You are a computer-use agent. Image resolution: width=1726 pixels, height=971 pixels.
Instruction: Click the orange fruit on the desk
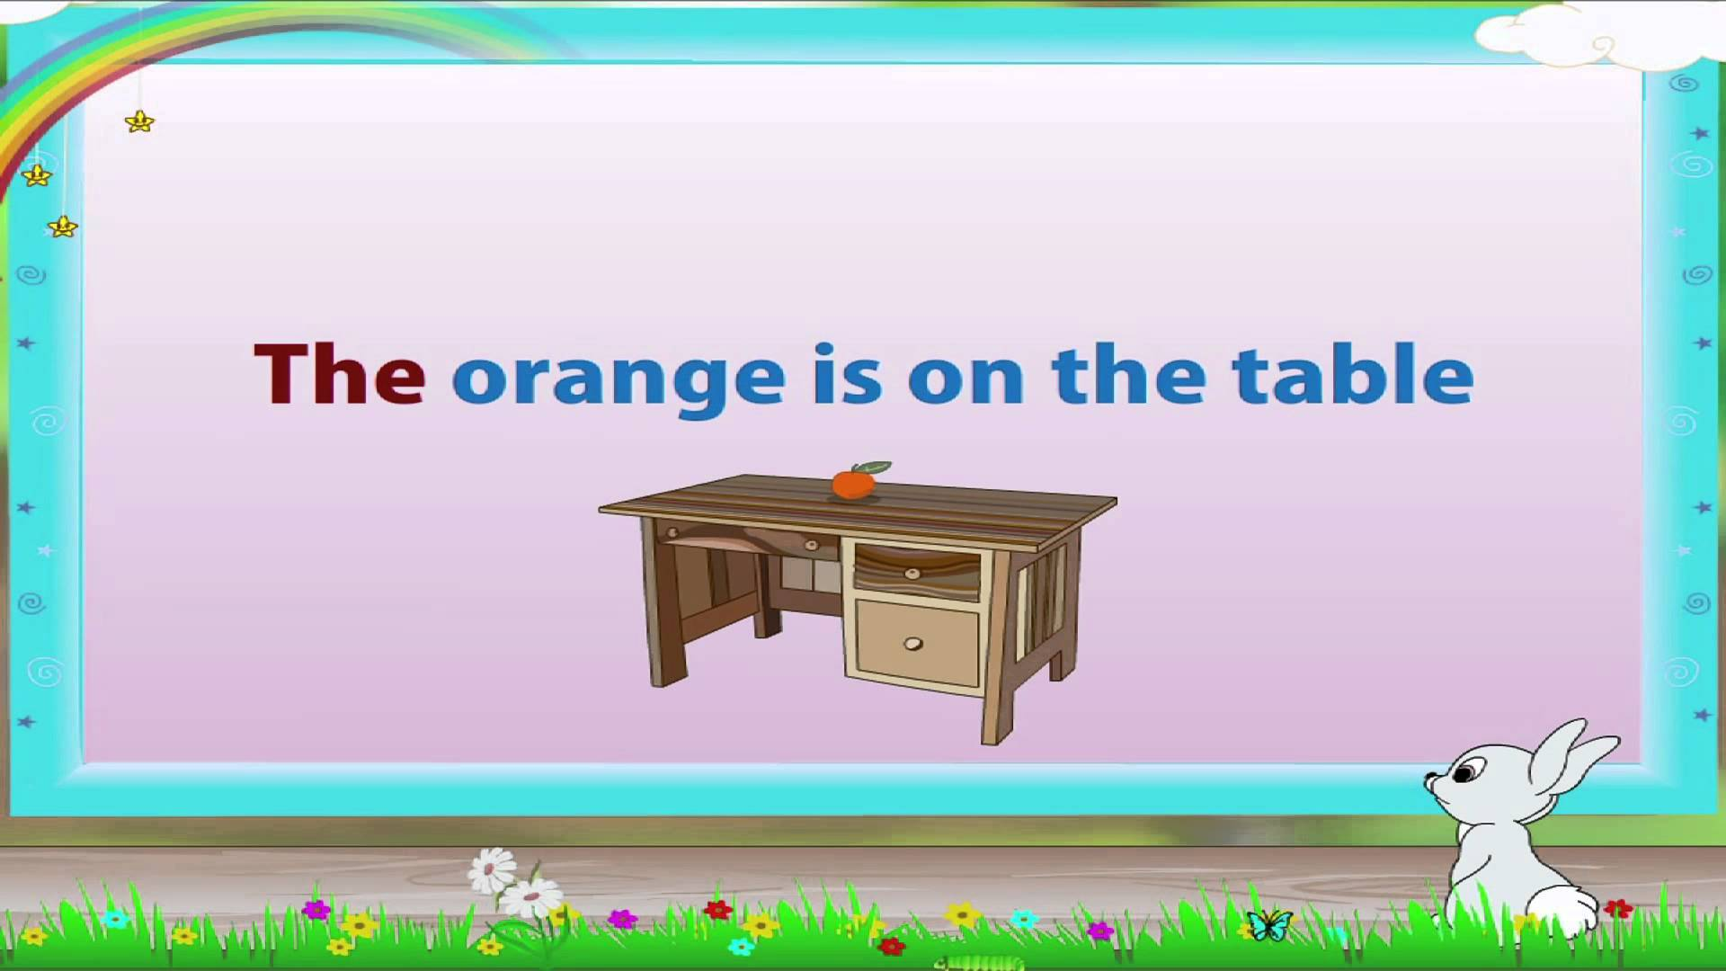[x=853, y=484]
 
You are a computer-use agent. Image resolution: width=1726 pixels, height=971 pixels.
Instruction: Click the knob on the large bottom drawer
[x=912, y=644]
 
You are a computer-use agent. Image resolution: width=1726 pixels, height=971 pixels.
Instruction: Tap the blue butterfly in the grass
[x=1269, y=924]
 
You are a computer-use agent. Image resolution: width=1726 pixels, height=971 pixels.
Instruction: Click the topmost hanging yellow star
[x=140, y=120]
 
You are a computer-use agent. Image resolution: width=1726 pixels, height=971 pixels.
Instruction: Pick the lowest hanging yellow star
[x=63, y=227]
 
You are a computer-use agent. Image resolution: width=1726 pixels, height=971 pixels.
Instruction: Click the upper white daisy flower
[x=492, y=869]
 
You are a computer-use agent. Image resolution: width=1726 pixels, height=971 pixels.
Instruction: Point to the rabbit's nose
[x=1428, y=780]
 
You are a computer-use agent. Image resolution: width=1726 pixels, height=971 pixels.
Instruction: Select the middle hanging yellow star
[x=37, y=174]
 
